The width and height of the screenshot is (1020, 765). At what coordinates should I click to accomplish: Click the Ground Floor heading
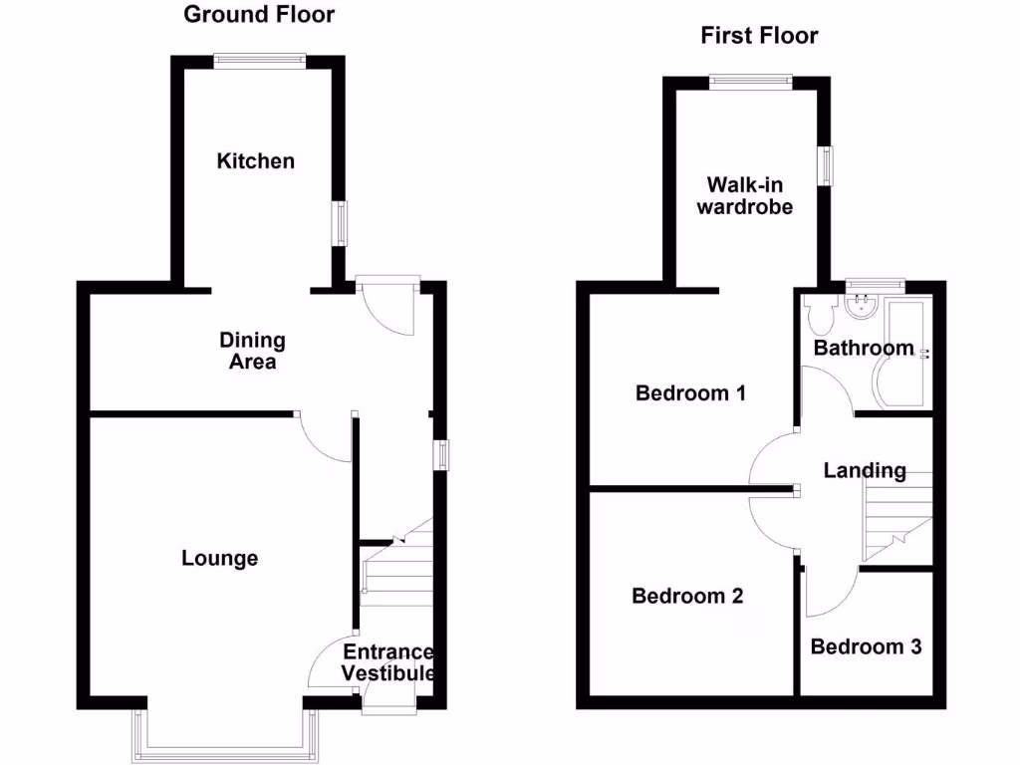point(259,14)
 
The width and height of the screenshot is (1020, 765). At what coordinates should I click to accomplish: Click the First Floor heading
point(759,36)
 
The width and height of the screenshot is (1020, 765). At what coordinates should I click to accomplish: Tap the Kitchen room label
point(256,160)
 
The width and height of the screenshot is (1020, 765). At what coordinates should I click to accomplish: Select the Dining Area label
point(252,351)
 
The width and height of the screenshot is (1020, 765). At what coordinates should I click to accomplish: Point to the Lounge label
point(219,558)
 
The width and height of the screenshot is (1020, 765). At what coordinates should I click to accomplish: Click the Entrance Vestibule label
point(388,662)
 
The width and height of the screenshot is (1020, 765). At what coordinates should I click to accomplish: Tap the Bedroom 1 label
point(690,392)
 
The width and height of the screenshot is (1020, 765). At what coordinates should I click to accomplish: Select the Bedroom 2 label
point(687,596)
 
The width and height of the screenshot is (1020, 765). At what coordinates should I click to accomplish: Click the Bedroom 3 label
point(866,646)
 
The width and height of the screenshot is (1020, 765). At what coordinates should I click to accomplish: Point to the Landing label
point(865,470)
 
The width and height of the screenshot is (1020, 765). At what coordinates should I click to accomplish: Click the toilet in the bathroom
point(822,315)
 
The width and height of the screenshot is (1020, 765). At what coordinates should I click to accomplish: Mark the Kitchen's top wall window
point(259,61)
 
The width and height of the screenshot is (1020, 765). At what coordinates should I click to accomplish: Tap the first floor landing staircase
point(896,513)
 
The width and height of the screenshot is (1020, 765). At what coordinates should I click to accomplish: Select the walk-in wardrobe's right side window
point(826,165)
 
